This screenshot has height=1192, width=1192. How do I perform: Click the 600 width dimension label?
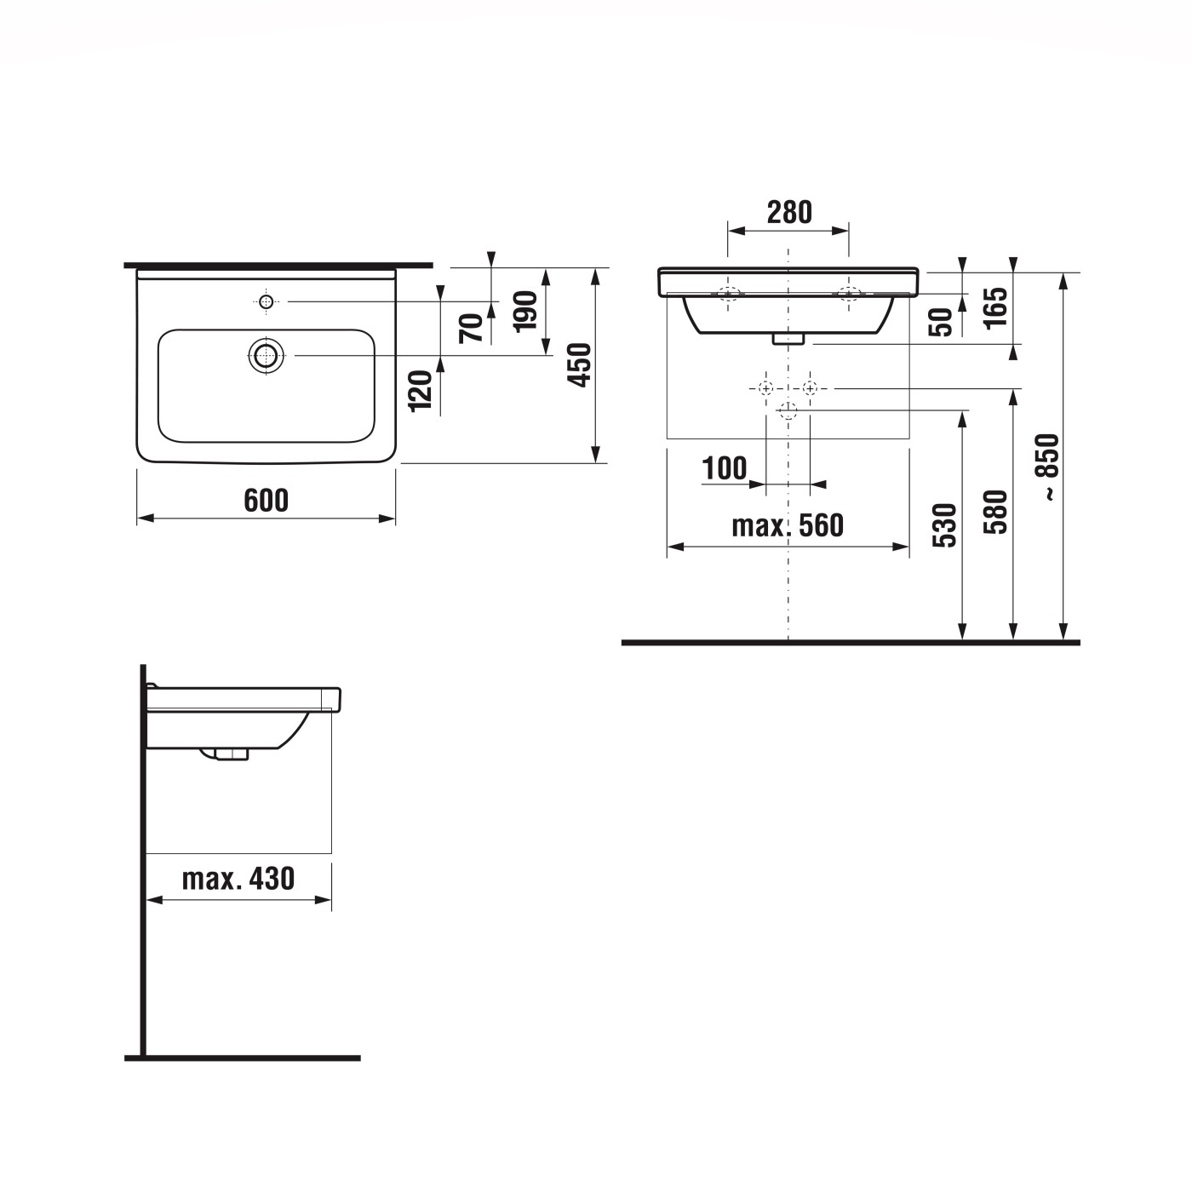point(266,501)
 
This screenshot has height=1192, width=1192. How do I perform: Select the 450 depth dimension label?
point(579,364)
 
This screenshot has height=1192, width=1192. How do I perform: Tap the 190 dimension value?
point(526,311)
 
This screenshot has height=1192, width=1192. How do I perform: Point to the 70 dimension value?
point(471,326)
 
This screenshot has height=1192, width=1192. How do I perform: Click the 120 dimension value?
point(421,391)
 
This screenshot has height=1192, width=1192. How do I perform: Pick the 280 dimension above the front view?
point(789,212)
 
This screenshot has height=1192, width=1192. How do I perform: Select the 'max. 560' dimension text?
point(788,525)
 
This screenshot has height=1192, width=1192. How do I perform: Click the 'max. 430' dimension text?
point(238,878)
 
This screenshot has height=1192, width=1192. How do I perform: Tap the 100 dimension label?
point(724,467)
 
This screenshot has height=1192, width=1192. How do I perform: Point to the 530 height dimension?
point(945,524)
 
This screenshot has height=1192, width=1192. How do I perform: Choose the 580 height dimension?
point(995,512)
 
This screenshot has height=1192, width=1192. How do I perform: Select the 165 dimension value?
point(995,307)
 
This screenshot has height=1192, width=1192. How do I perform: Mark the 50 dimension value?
point(942,322)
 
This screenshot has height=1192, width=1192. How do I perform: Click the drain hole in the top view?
point(266,355)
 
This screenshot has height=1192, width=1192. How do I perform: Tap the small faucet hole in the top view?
point(266,301)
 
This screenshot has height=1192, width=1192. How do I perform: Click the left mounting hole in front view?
point(728,295)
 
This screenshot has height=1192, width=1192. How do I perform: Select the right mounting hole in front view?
point(848,295)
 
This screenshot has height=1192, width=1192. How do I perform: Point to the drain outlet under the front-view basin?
point(788,339)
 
